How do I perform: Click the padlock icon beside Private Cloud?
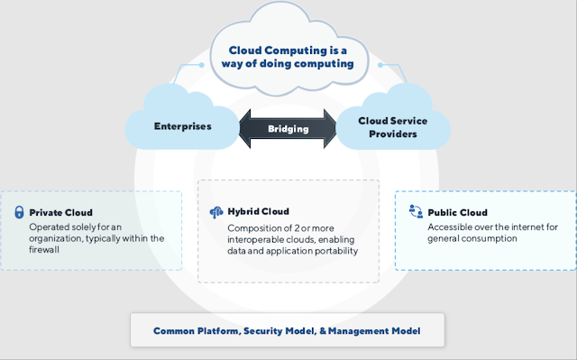(19, 212)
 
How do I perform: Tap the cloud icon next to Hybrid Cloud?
(216, 212)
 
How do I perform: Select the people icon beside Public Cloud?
(416, 211)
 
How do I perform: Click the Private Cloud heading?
(60, 213)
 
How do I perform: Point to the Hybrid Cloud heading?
(259, 212)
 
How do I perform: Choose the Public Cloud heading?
(457, 213)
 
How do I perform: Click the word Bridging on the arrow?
(288, 129)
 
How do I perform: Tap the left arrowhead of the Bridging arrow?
(245, 129)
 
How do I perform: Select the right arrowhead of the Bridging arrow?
(330, 129)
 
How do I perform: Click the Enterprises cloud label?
(182, 126)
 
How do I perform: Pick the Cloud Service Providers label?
(393, 127)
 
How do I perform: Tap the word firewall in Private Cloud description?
(44, 250)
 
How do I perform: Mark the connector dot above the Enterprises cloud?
(201, 65)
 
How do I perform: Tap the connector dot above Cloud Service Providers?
(380, 65)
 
